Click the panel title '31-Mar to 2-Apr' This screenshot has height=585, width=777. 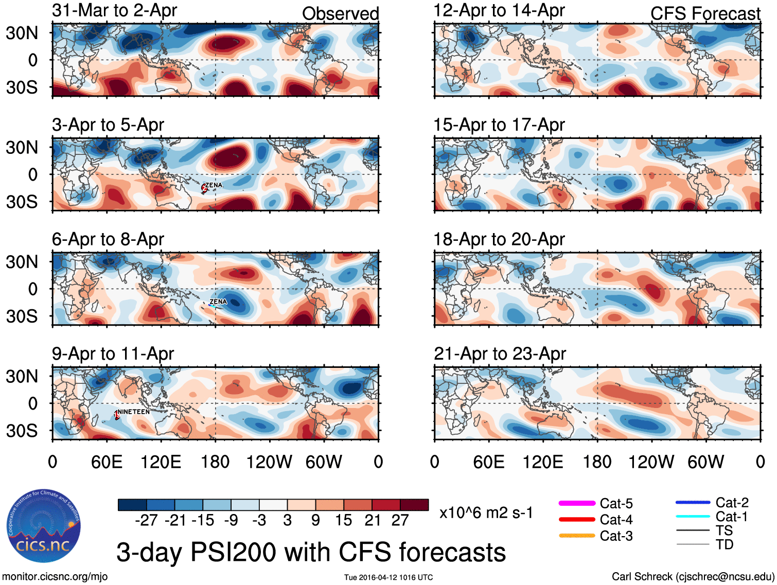114,10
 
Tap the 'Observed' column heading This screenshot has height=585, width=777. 340,13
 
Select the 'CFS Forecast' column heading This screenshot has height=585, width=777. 705,13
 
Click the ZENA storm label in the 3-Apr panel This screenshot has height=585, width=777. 214,185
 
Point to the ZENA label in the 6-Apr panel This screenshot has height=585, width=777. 218,302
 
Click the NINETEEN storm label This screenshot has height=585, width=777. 134,412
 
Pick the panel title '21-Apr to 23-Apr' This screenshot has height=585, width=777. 500,353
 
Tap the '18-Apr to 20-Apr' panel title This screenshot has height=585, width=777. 499,239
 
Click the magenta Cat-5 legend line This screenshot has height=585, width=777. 577,503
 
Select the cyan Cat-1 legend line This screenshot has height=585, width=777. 693,516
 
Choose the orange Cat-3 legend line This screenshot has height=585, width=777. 577,536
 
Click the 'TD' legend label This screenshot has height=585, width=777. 725,544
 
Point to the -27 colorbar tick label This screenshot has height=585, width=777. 146,520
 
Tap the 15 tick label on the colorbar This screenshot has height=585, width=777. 344,520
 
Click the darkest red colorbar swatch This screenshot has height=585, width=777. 414,505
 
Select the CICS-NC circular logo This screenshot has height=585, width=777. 44,526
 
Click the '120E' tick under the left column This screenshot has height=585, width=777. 161,462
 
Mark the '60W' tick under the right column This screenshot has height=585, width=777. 705,462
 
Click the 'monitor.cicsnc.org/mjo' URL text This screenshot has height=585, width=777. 55,576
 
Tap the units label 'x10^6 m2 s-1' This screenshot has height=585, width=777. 486,512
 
